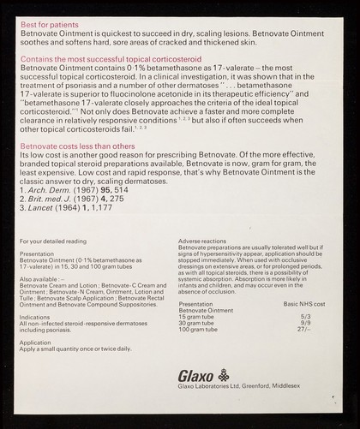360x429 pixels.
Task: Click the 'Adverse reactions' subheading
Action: [x=206, y=242]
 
